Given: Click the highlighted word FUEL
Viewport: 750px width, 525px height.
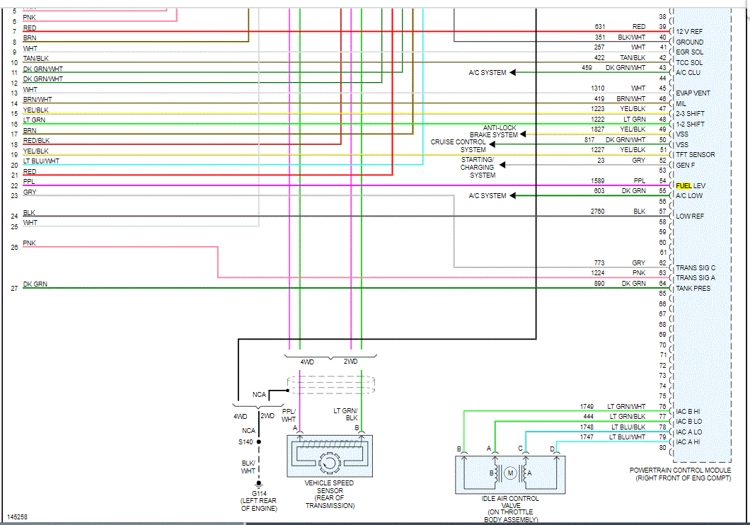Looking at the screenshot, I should (683, 185).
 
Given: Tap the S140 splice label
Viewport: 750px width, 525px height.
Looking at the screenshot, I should (246, 442).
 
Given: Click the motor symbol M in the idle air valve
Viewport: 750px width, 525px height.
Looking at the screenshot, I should (509, 473).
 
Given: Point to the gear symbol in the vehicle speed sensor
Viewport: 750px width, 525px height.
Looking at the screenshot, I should (329, 463).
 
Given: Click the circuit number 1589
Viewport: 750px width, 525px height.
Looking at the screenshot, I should (598, 181).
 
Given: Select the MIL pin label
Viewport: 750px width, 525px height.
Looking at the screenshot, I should (681, 103).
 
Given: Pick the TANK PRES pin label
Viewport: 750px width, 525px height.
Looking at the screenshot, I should (693, 288).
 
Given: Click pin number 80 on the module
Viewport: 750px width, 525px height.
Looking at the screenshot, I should (663, 447).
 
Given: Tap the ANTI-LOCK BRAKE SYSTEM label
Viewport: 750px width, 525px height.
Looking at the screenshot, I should (493, 131).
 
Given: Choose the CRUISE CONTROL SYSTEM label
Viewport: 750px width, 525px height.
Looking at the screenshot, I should (458, 146).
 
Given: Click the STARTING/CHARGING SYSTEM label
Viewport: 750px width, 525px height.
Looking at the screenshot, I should (478, 167).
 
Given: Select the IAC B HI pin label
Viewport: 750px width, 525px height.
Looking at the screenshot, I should (688, 411).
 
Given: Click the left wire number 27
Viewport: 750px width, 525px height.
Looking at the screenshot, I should (14, 289).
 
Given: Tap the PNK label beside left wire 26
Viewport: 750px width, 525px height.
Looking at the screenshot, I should (29, 243).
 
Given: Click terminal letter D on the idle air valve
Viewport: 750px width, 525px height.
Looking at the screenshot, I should (553, 449).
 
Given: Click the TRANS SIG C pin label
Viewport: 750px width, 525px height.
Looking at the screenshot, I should (695, 267).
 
